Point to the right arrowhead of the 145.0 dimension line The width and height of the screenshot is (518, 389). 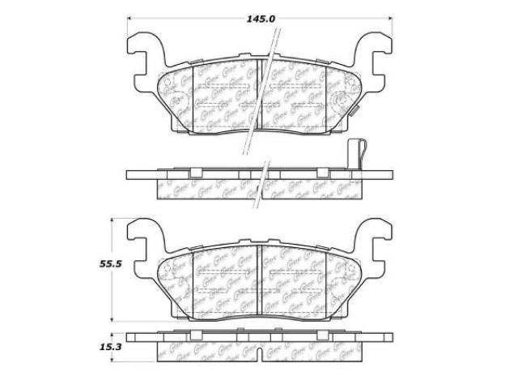pos(390,15)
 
